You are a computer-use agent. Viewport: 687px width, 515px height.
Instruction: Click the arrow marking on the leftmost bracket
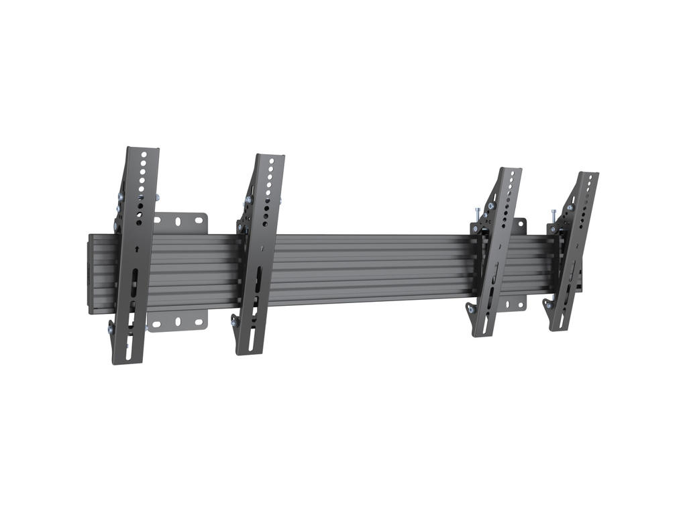[x=138, y=248]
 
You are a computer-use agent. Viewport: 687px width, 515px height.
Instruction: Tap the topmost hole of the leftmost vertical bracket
[x=144, y=154]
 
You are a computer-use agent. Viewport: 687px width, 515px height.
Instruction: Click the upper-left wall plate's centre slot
[x=178, y=221]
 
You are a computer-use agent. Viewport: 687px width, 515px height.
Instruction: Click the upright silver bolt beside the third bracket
[x=476, y=215]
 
